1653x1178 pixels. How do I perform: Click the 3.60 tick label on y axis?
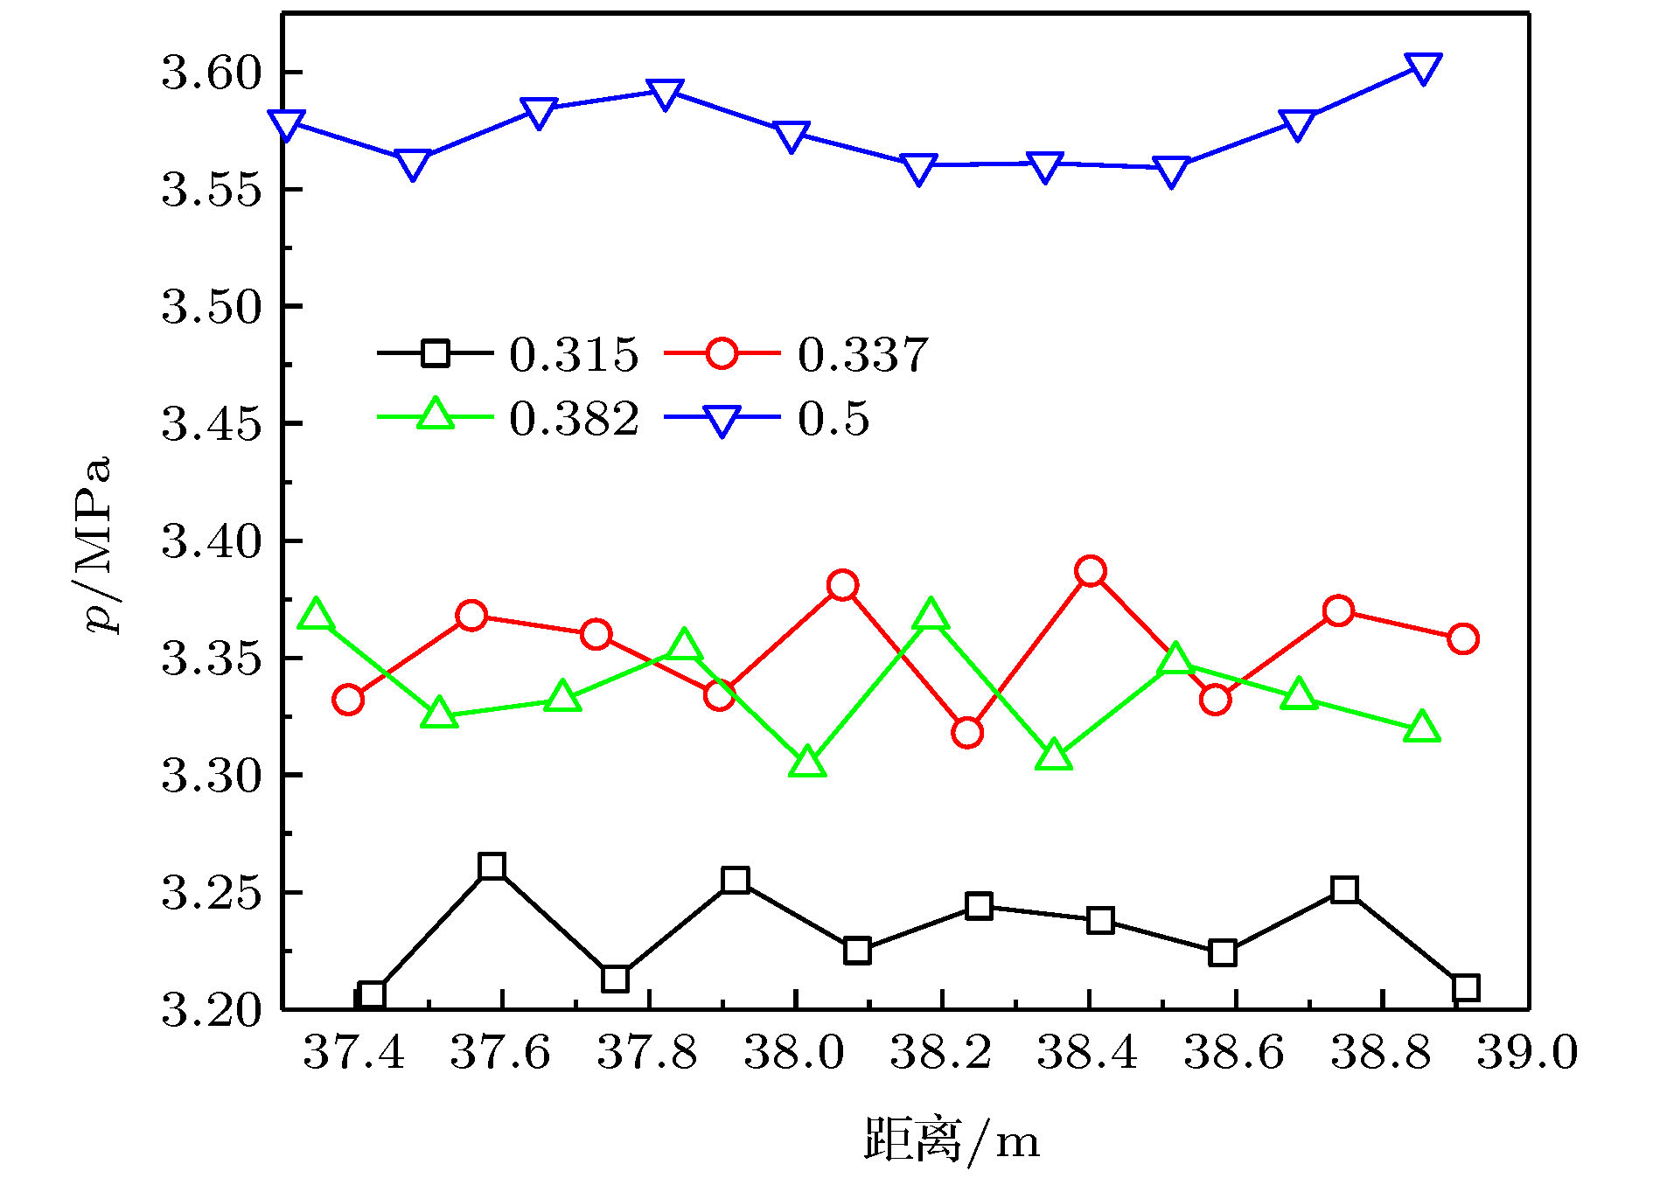tap(212, 73)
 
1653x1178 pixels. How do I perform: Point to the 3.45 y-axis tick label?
tap(212, 424)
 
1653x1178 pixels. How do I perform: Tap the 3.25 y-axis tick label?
tap(212, 893)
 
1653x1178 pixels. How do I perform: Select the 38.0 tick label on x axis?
tap(794, 1052)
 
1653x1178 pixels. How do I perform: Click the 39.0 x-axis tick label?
tap(1527, 1052)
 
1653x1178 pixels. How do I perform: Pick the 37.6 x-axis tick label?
tap(500, 1052)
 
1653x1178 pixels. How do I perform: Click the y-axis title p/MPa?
tap(98, 544)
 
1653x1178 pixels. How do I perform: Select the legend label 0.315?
tap(574, 355)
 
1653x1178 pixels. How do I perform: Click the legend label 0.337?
tap(862, 355)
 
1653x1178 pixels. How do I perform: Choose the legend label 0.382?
tap(574, 419)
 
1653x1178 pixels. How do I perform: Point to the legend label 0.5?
tap(833, 419)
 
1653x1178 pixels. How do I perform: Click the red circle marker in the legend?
tap(722, 353)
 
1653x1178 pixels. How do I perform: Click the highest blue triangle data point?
tap(1422, 67)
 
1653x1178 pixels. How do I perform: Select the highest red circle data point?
tap(1091, 571)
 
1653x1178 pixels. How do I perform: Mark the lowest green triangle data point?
tap(807, 763)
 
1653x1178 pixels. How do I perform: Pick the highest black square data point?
tap(492, 867)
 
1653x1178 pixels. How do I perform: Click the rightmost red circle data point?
tap(1462, 638)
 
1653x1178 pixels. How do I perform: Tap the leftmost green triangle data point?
tap(315, 616)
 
